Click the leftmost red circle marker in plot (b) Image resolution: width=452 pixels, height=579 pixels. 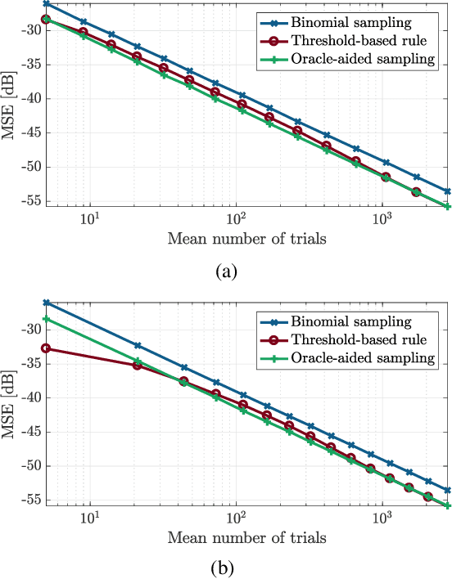click(x=46, y=348)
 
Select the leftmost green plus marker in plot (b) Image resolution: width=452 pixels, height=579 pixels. click(x=46, y=319)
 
